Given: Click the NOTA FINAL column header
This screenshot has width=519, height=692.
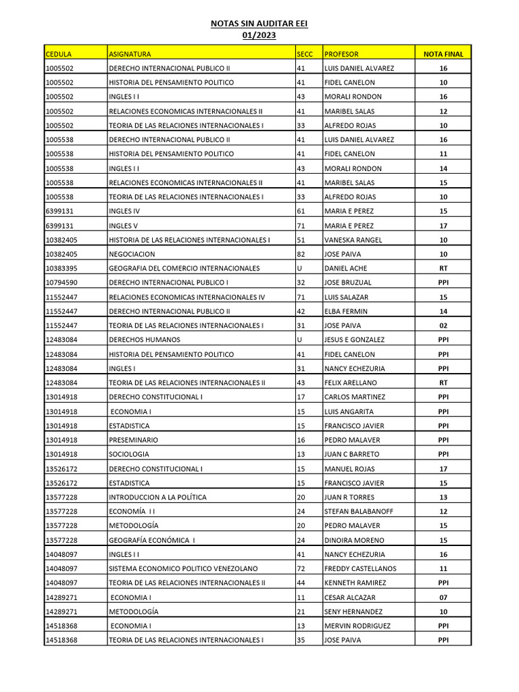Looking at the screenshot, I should (443, 54).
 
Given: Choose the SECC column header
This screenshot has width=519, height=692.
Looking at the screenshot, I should (305, 54).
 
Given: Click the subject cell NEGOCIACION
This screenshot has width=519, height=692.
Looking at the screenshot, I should (132, 254).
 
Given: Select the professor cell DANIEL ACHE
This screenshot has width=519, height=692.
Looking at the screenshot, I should (346, 268).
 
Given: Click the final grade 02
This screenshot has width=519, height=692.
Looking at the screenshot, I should (443, 326).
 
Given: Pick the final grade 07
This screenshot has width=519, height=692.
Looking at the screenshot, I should (443, 597).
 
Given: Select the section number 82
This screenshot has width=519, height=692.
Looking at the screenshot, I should (301, 254).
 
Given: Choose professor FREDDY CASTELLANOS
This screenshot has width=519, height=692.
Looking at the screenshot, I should (360, 568).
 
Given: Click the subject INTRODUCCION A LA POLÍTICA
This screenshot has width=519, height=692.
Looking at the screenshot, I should (157, 497).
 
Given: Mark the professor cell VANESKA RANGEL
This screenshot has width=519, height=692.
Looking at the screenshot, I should (353, 240).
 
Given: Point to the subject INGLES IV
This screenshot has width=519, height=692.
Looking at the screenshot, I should (124, 211).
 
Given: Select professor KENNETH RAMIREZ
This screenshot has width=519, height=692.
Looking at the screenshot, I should (355, 583).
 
